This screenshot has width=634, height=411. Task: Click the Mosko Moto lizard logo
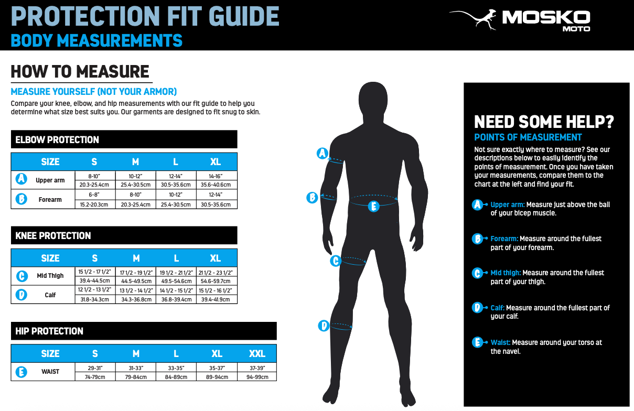click(472, 19)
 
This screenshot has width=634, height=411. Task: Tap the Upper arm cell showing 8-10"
click(95, 176)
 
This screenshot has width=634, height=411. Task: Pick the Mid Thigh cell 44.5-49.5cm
click(136, 281)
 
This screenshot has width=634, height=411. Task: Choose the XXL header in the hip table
click(257, 353)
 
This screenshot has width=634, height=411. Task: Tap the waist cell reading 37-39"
click(257, 367)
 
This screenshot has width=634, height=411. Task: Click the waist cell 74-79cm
click(95, 377)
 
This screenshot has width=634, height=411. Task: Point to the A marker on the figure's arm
click(322, 153)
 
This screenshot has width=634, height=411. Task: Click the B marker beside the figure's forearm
click(312, 197)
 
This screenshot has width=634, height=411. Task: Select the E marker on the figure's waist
click(373, 206)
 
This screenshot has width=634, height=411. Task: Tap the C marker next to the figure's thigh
click(336, 261)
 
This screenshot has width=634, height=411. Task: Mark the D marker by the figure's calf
click(324, 326)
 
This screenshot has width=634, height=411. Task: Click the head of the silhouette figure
click(373, 101)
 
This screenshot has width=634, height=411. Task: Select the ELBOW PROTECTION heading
click(57, 140)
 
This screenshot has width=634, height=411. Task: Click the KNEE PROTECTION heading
click(53, 235)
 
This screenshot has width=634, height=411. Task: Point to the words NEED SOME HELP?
click(544, 122)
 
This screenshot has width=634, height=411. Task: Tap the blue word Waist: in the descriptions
click(500, 342)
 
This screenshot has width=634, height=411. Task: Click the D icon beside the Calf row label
click(22, 295)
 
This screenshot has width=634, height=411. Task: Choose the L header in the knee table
click(176, 258)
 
